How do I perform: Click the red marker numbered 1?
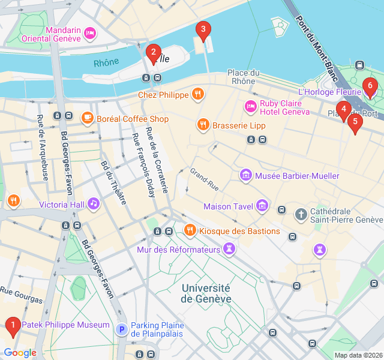[x=12, y=326]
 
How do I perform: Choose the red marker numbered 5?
[x=355, y=122]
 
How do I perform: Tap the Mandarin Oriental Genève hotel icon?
[x=90, y=33]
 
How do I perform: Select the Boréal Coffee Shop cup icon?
[x=88, y=118]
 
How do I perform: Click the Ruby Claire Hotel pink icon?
[x=250, y=107]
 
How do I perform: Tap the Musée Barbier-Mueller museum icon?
[x=245, y=176]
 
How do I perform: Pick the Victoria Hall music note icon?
[x=93, y=204]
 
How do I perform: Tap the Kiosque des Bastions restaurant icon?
[x=190, y=230]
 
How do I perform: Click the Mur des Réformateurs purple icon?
[x=229, y=248]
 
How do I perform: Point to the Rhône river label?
[x=106, y=62]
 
